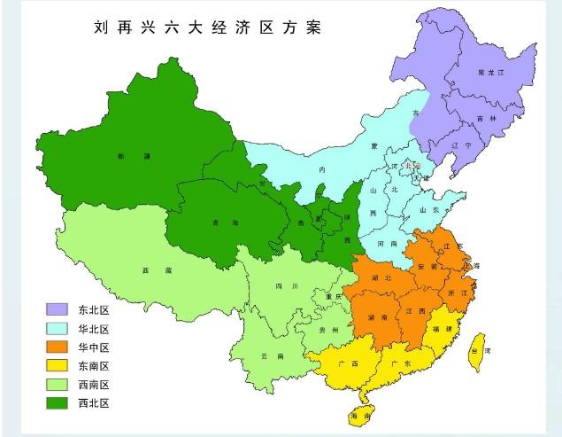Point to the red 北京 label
coord(412,165)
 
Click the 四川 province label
coord(282,286)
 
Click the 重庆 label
coord(333,295)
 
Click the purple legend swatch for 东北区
coord(58,309)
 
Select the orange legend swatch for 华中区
coord(58,347)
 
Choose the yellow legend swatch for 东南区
coord(58,365)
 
